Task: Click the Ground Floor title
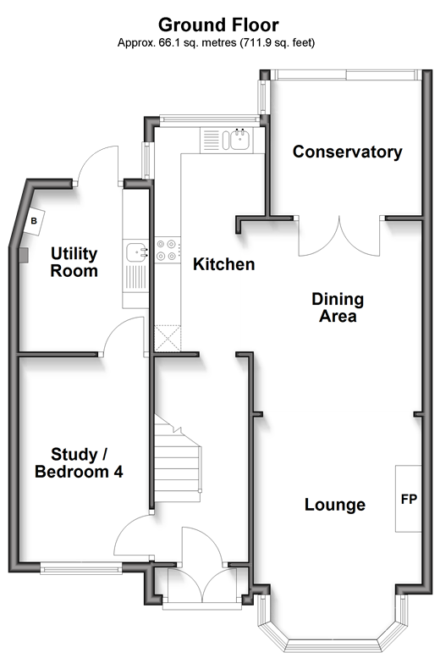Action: (218, 25)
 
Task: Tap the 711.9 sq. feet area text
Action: (277, 43)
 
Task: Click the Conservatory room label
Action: (347, 152)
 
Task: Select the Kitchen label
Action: (224, 264)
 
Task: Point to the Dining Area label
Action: (338, 307)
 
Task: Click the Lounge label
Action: (335, 505)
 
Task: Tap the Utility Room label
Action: (74, 263)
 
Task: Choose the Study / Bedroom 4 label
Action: (79, 463)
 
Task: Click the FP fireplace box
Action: (409, 499)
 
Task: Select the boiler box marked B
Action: (34, 221)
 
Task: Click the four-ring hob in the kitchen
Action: (167, 250)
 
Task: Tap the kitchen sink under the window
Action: (237, 140)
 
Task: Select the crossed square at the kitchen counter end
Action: (168, 338)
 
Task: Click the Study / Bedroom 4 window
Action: (81, 569)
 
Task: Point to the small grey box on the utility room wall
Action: (24, 255)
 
